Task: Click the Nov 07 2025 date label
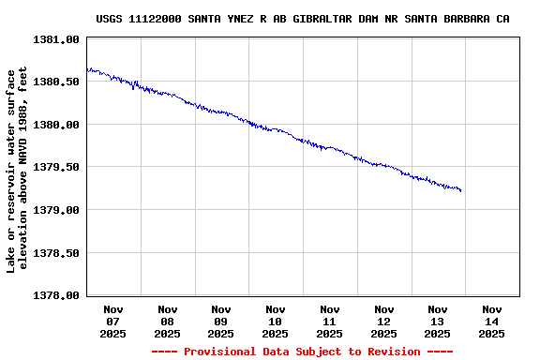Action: [x=113, y=321]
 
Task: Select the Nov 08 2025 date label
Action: [x=168, y=321]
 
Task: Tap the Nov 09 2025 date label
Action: [x=221, y=321]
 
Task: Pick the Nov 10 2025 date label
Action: [x=276, y=321]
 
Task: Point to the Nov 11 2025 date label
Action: [x=330, y=321]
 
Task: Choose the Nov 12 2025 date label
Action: [x=383, y=321]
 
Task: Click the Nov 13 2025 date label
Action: [x=438, y=321]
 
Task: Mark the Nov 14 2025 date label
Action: [x=492, y=321]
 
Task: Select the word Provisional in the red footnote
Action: [x=220, y=352]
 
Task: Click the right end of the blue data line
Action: [x=461, y=191]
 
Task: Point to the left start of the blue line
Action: [x=87, y=68]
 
